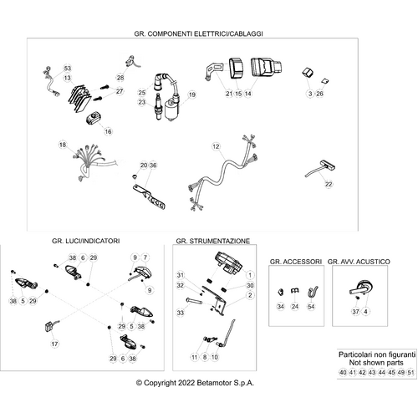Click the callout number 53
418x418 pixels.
click(68, 69)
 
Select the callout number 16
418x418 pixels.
click(108, 131)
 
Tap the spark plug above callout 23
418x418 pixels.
click(158, 107)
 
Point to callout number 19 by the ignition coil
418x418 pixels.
click(192, 94)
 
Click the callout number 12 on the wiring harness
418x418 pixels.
click(216, 146)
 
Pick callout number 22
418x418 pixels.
click(329, 184)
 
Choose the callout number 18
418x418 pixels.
click(63, 145)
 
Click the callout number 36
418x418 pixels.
click(153, 166)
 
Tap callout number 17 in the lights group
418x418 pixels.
click(54, 344)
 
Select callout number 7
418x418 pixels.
click(145, 257)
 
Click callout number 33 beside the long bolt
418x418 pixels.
click(181, 313)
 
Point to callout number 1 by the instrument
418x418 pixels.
click(250, 275)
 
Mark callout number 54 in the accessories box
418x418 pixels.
click(311, 307)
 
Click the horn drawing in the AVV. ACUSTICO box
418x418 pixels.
click(362, 288)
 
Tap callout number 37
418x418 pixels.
click(356, 311)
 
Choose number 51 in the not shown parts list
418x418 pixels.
click(410, 372)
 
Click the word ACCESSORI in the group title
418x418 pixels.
click(303, 262)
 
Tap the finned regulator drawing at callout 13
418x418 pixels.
click(80, 99)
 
